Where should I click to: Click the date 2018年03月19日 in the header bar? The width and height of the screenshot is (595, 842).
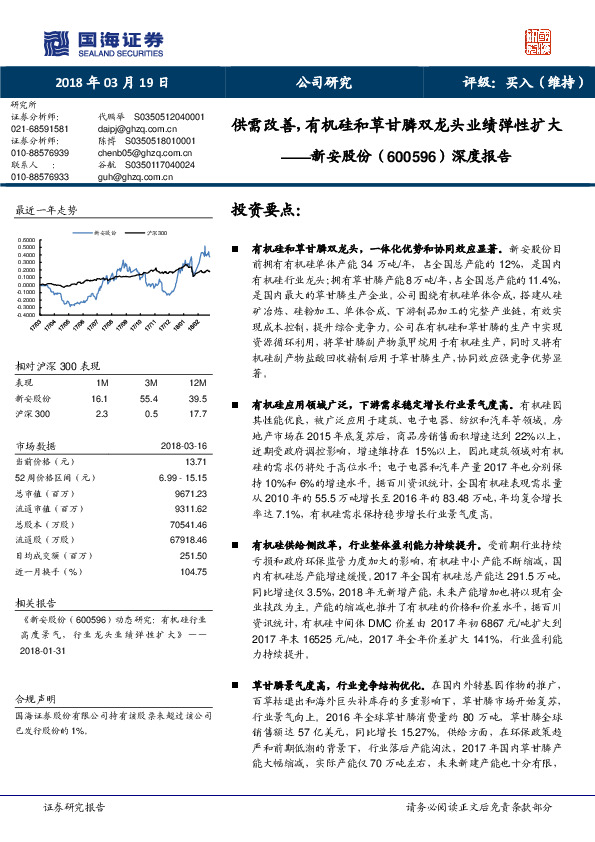click(111, 83)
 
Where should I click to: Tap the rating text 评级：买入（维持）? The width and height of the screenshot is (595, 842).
click(516, 83)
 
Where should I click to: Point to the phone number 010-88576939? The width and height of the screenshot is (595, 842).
click(40, 153)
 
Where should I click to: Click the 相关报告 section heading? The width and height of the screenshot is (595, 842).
click(36, 605)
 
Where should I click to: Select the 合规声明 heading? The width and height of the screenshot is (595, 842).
click(33, 696)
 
